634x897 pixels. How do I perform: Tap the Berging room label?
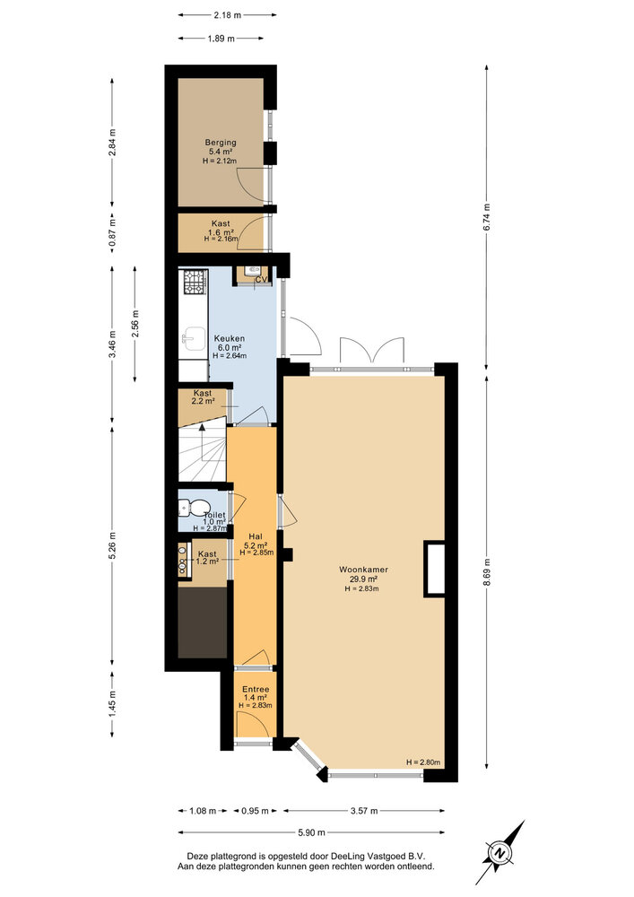[x=221, y=142]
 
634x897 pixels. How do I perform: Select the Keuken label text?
[x=228, y=337]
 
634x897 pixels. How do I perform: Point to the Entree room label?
[x=256, y=688]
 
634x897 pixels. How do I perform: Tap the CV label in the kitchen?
[x=262, y=280]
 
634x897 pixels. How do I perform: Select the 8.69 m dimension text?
[x=487, y=572]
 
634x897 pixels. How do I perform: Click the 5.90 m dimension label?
[x=311, y=832]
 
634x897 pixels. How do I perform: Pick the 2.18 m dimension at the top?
[x=227, y=15]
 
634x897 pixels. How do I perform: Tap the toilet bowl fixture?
[x=186, y=509]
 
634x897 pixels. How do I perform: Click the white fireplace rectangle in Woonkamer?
[x=435, y=569]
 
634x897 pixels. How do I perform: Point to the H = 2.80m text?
[x=424, y=762]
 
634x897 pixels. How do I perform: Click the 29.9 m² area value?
[x=363, y=579]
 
